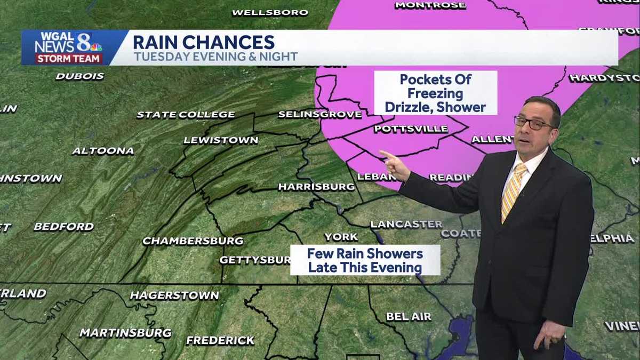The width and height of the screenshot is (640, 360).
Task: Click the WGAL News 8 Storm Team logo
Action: [x=68, y=47]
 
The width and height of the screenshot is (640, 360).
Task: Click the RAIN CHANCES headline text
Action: [x=203, y=42]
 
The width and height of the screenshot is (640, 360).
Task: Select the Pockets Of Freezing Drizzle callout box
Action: [x=435, y=93]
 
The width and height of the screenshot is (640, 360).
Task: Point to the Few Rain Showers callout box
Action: [x=365, y=260]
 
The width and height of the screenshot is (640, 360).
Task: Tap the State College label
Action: [x=186, y=115]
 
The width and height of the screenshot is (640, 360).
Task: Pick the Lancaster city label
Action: [x=406, y=224]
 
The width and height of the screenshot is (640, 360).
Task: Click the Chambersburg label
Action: [x=193, y=241]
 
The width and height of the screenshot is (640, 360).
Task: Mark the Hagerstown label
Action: [x=174, y=295]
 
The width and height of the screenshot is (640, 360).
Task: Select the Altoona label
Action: [x=103, y=151]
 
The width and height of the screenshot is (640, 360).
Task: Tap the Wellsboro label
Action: [x=270, y=12]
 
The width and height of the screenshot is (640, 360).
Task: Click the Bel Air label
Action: [x=409, y=316]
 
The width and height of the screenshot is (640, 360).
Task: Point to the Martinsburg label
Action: [x=125, y=333]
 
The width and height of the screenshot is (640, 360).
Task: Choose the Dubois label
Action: [x=79, y=76]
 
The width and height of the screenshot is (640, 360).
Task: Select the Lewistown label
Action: [x=220, y=140]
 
